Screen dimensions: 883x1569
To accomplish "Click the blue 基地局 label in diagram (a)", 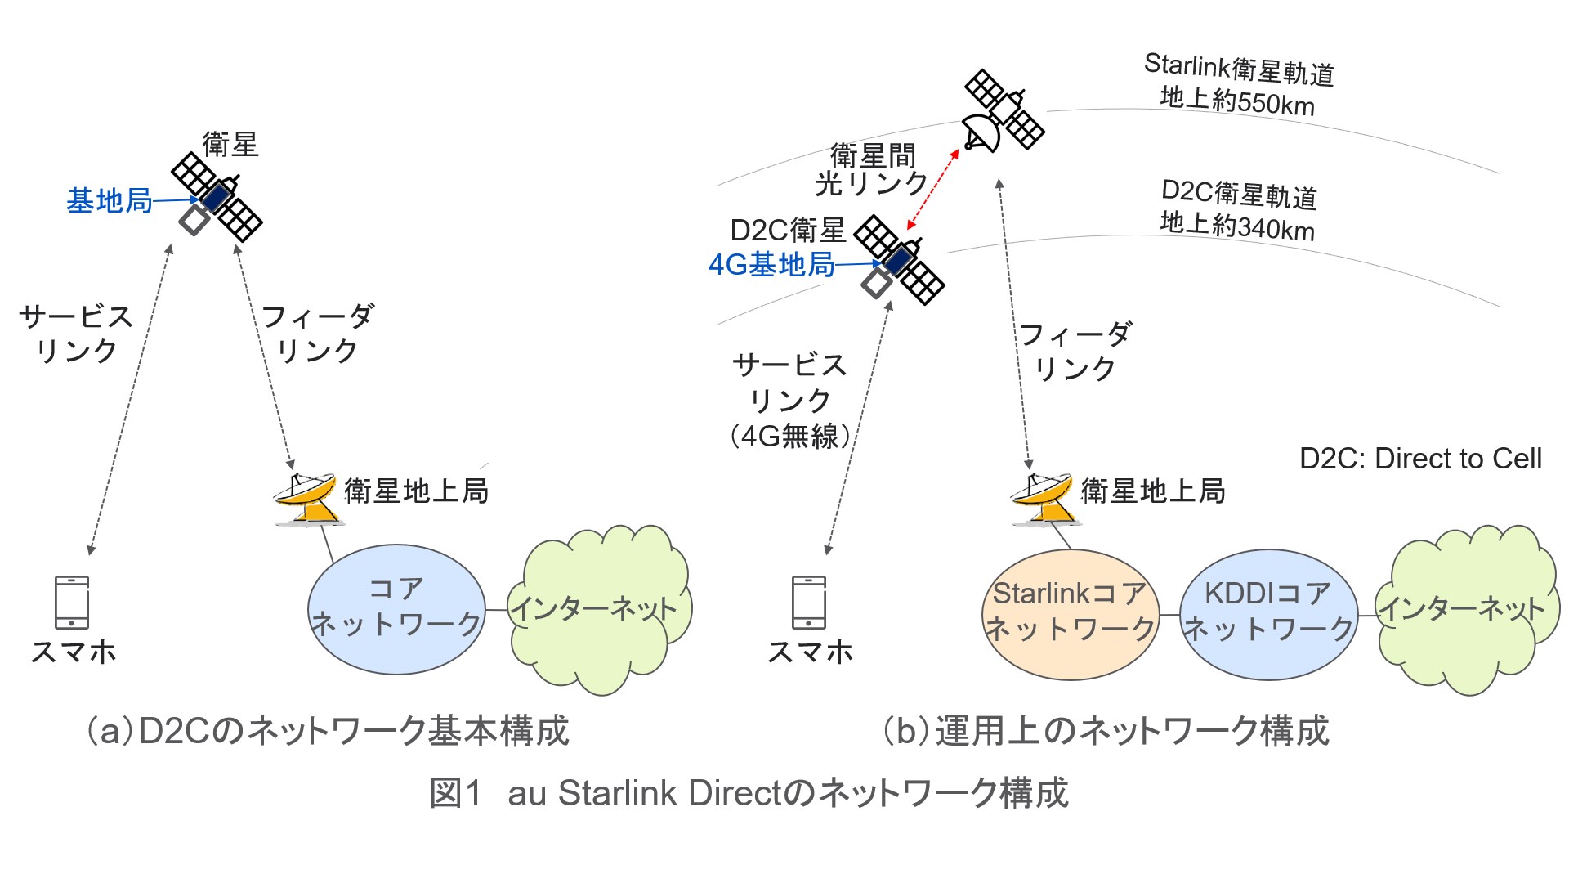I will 110,201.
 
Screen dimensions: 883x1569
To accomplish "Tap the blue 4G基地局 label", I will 771,265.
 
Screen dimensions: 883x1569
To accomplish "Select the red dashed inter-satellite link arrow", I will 932,190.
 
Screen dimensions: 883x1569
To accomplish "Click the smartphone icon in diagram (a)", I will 72,602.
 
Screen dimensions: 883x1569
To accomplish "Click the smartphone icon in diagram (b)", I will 809,602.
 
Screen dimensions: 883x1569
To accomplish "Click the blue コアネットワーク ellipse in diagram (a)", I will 397,609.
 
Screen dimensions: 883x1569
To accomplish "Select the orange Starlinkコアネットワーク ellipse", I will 1070,614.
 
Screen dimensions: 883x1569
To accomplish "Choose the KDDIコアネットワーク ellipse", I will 1269,614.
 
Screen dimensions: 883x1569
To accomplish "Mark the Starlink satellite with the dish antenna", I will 1003,111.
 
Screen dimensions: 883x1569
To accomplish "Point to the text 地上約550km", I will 1237,101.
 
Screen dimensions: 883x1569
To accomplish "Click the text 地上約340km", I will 1237,225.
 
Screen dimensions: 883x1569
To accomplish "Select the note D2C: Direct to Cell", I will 1420,459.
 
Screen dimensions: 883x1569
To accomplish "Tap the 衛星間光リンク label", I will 872,169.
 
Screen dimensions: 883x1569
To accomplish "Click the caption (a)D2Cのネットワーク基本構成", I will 328,731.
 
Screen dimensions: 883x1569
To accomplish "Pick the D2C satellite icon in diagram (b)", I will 899,260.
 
